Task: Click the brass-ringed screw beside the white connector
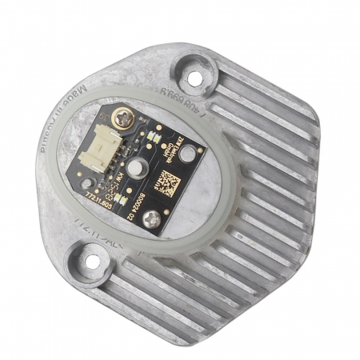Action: tap(125, 119)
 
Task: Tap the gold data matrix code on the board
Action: tap(171, 183)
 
